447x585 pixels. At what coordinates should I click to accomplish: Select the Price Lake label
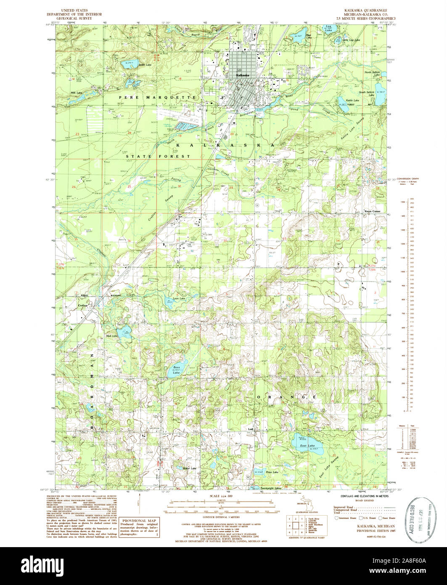pyautogui.click(x=272, y=472)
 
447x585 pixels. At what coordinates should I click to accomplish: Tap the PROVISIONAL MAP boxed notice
pyautogui.click(x=139, y=528)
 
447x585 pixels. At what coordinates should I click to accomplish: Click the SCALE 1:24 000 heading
pyautogui.click(x=221, y=497)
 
